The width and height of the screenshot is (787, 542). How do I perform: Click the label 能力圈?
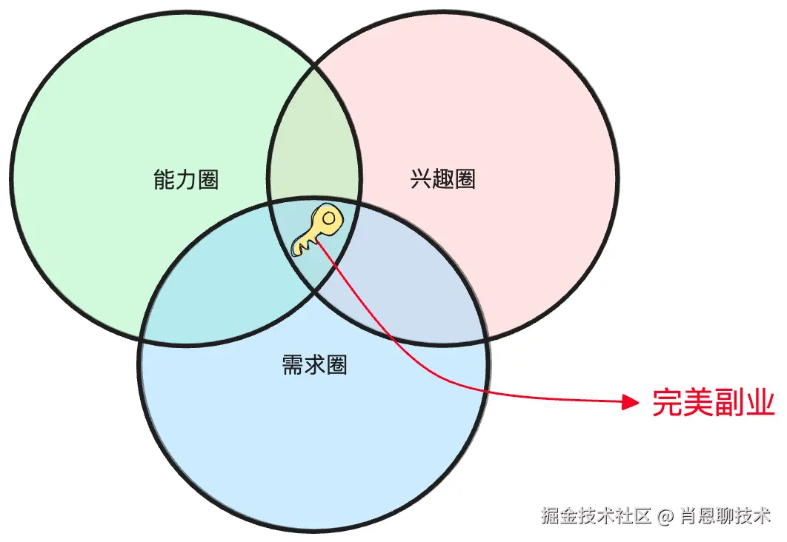(186, 180)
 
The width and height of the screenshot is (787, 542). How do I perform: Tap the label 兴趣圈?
(442, 179)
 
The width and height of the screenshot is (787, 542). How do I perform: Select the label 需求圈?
(315, 365)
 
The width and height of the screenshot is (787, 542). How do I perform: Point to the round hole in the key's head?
(328, 218)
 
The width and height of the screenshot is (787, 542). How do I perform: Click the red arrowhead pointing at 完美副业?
(630, 402)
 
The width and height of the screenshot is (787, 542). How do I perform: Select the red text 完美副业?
(713, 403)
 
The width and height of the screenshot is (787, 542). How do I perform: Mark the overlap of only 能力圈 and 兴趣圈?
(313, 148)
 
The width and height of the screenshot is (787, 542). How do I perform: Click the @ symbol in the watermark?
(665, 515)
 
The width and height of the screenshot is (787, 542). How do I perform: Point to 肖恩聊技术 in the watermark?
(724, 515)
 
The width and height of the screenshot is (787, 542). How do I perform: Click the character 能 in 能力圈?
(164, 180)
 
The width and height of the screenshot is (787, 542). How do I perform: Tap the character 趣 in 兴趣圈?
(442, 179)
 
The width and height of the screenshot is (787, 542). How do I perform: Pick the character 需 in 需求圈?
(293, 365)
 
